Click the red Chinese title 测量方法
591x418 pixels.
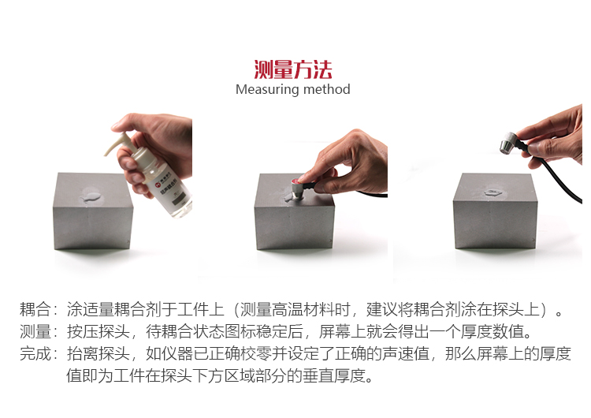point(293,69)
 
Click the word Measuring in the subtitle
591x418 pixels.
point(267,89)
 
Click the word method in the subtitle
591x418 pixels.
point(326,89)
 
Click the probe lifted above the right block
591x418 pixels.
point(508,143)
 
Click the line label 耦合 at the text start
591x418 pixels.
point(35,309)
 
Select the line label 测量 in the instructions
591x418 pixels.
point(35,331)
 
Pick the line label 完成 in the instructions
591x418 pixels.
point(35,353)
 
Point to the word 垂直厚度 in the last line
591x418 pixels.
point(334,375)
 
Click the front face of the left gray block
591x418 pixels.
point(92,227)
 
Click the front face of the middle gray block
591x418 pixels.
point(294,227)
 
